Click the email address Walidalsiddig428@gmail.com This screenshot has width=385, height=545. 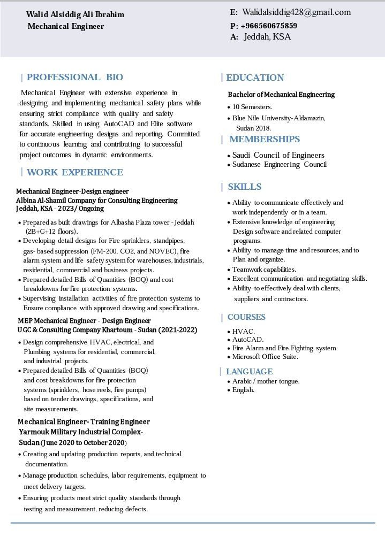click(296, 12)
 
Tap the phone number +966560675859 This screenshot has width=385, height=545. click(269, 26)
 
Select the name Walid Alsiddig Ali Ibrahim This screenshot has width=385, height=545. click(75, 14)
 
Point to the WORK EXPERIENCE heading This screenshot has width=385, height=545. click(74, 172)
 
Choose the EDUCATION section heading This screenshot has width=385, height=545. click(255, 78)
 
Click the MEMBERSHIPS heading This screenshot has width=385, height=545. click(264, 140)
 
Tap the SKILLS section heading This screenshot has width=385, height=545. click(244, 187)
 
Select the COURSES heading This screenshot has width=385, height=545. click(246, 317)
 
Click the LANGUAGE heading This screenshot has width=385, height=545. click(249, 372)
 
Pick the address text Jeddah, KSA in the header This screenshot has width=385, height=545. click(267, 37)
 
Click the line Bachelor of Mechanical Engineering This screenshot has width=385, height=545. click(281, 95)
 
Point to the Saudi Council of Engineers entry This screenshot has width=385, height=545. click(278, 155)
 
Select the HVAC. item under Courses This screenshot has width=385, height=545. click(244, 332)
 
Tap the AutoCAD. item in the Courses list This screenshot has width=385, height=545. click(248, 340)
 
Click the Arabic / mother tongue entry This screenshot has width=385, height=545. click(266, 381)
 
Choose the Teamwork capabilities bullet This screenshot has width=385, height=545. click(264, 270)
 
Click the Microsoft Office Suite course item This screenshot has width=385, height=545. click(265, 357)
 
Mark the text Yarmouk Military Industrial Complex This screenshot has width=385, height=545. click(80, 432)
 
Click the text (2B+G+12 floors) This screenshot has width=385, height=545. click(52, 232)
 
